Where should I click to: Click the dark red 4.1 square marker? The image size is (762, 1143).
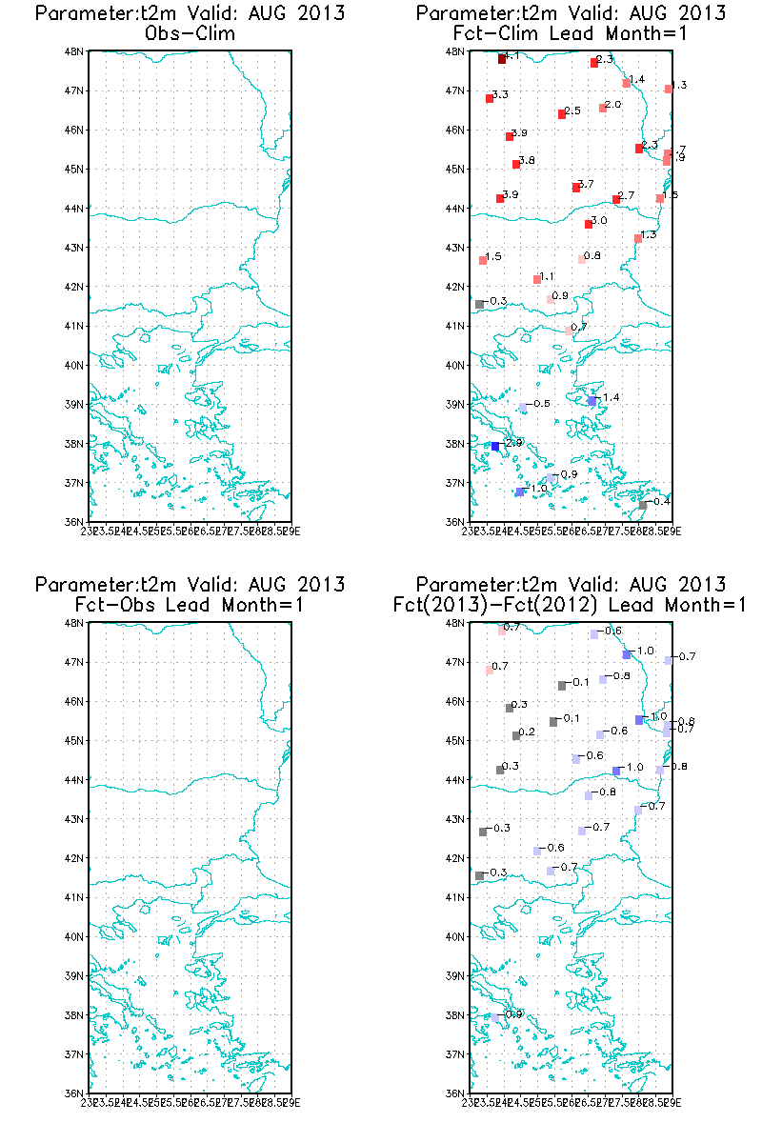tap(502, 59)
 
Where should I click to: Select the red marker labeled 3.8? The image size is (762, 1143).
tap(516, 164)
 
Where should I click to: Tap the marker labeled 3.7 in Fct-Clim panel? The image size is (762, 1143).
tap(576, 188)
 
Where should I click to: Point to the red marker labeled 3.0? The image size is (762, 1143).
tap(589, 224)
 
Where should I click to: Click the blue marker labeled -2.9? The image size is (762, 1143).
tap(495, 446)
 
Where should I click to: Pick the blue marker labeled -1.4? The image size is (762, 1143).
tap(592, 401)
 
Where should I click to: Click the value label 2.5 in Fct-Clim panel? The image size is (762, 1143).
tap(572, 111)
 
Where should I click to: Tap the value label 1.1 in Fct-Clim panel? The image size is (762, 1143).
tap(547, 277)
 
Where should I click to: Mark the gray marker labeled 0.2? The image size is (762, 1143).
tap(516, 735)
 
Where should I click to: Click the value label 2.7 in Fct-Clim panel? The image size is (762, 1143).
tap(626, 196)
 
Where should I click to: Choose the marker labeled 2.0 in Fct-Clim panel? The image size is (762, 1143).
tap(603, 108)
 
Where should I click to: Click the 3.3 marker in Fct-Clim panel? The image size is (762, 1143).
tap(490, 98)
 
